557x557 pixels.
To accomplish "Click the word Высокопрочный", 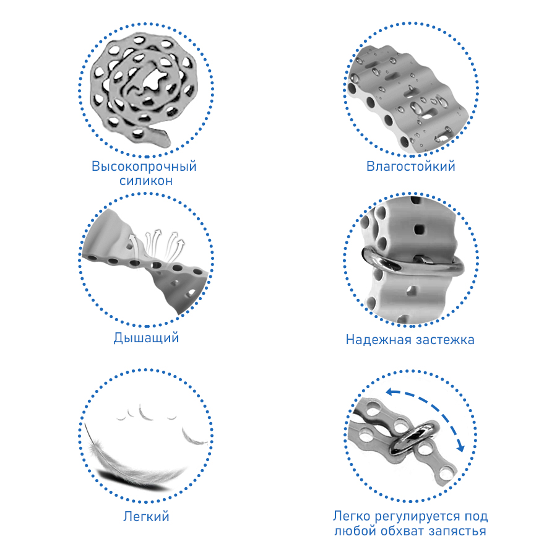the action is coord(144,166).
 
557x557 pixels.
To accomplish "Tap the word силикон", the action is coord(146,181).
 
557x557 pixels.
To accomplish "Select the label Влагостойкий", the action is coord(411,166).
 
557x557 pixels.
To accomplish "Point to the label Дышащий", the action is coord(146,338).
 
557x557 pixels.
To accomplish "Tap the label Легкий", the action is coord(146,517).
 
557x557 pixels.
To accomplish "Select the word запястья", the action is coord(457,532).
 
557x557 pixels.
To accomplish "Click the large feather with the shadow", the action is coord(135,462).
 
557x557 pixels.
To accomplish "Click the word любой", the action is coord(356,531).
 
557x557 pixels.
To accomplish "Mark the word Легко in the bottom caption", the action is coord(352,516).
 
